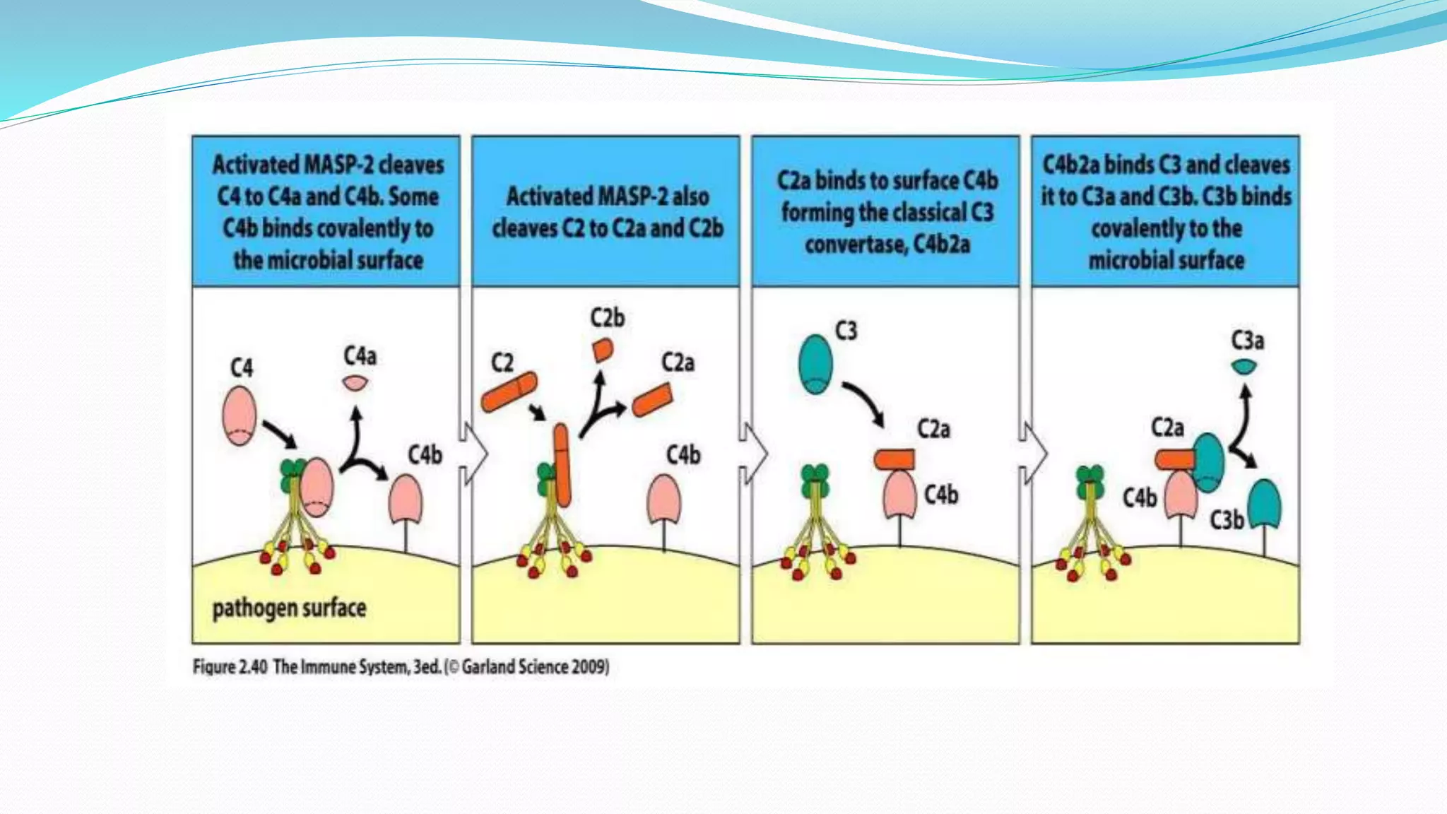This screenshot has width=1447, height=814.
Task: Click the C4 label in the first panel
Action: (x=242, y=367)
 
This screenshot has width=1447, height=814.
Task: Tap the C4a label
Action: (x=360, y=355)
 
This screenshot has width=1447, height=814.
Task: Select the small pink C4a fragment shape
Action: (x=355, y=383)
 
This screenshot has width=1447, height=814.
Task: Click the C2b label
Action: (x=608, y=318)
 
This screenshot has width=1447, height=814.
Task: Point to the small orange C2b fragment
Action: (x=602, y=350)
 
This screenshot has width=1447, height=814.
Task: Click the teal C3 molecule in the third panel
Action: (x=815, y=364)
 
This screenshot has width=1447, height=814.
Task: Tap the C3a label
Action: (x=1248, y=341)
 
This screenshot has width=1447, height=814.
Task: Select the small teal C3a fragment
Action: (x=1244, y=367)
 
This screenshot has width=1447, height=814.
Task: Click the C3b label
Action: (x=1227, y=520)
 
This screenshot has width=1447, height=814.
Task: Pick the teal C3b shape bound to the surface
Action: (x=1264, y=503)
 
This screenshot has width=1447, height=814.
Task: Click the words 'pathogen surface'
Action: (x=289, y=608)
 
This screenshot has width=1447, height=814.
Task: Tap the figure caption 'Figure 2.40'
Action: (x=230, y=667)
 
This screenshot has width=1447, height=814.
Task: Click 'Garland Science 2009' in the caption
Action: (x=534, y=667)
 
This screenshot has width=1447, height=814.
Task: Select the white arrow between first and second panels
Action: (x=475, y=453)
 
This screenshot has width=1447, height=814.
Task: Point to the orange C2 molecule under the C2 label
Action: (x=509, y=392)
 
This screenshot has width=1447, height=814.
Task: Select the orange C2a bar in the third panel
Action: (x=894, y=459)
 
